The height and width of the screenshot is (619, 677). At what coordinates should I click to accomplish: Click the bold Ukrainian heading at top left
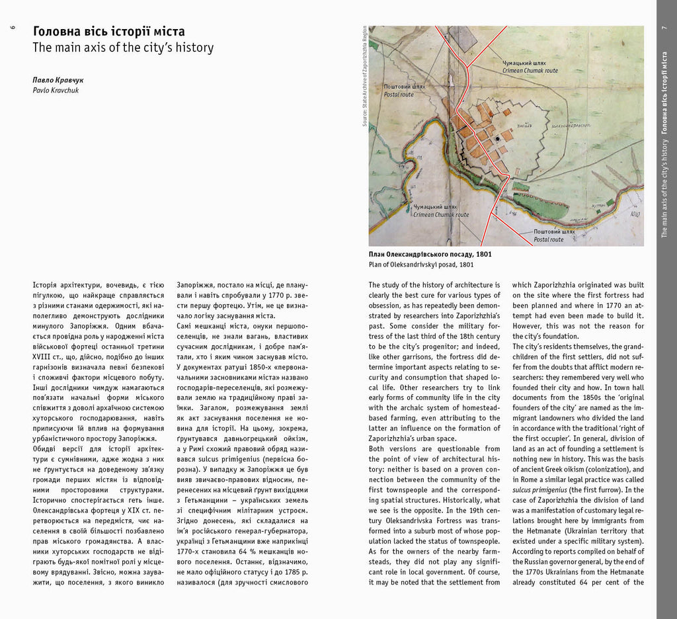point(109,32)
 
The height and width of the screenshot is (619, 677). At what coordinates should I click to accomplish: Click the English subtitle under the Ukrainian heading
point(123,48)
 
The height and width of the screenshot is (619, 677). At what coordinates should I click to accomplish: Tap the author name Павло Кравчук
point(58,79)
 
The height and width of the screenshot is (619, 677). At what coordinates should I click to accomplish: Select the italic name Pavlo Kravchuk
point(56,90)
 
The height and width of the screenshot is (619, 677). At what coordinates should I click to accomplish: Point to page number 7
point(664,28)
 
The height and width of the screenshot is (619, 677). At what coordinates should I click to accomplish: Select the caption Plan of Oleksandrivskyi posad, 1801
point(421,265)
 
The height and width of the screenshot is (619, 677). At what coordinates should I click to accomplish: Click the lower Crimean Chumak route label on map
point(441,211)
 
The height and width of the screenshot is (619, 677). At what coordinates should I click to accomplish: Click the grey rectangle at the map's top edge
point(463,38)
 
